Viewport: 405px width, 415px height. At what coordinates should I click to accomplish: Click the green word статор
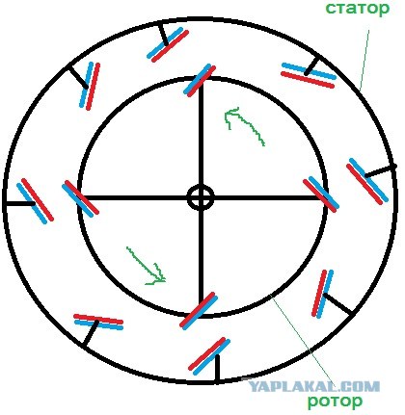click(x=357, y=9)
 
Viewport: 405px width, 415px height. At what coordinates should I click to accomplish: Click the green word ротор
click(x=335, y=401)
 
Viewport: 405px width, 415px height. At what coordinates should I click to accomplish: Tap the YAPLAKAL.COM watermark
click(x=314, y=386)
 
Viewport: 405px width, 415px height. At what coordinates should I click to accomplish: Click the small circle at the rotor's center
click(x=201, y=197)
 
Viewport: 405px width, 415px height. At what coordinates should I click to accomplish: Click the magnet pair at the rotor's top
click(x=200, y=80)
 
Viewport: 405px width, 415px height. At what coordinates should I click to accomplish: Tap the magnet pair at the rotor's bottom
click(x=198, y=310)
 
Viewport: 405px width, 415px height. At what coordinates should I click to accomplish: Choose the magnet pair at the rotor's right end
click(x=321, y=195)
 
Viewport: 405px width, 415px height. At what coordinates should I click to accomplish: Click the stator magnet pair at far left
click(x=35, y=200)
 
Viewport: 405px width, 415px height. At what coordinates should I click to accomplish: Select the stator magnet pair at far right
click(x=366, y=181)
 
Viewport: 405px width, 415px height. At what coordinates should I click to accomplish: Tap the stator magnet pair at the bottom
click(x=209, y=356)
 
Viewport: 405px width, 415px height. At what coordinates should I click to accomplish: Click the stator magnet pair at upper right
click(x=309, y=75)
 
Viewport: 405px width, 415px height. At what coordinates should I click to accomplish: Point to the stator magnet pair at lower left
click(x=98, y=322)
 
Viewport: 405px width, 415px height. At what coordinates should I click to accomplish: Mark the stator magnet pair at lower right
click(x=323, y=294)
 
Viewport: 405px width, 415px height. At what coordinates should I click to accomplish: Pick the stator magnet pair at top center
click(x=168, y=44)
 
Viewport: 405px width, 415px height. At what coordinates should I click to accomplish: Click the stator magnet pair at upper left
click(x=90, y=86)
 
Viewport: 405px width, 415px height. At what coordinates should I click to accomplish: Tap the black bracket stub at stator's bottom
click(x=218, y=369)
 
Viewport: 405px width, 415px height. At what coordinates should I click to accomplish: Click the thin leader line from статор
click(x=364, y=61)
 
